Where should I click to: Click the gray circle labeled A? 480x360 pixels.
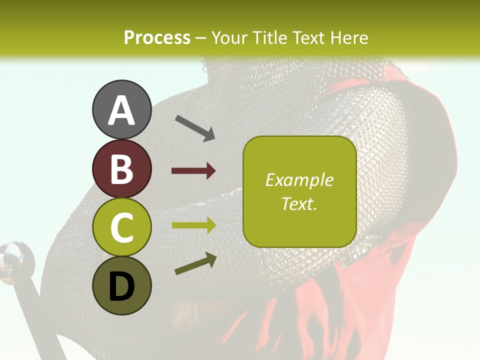click(121, 109)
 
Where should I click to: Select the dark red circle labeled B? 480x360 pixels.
click(121, 168)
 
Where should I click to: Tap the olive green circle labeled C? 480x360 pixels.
click(121, 227)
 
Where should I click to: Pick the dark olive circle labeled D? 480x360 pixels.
click(121, 285)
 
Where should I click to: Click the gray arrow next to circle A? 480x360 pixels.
click(195, 128)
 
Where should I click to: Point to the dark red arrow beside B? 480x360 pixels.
click(193, 171)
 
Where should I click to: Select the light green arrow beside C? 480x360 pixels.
click(193, 224)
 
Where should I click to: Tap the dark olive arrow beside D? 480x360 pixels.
click(195, 264)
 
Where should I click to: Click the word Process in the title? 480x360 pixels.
click(157, 37)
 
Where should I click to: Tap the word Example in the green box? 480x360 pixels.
click(299, 180)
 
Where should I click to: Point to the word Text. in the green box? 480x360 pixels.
click(299, 203)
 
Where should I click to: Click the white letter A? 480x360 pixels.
click(121, 110)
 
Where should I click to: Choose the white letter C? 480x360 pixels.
click(121, 227)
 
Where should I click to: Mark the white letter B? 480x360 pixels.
click(121, 169)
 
